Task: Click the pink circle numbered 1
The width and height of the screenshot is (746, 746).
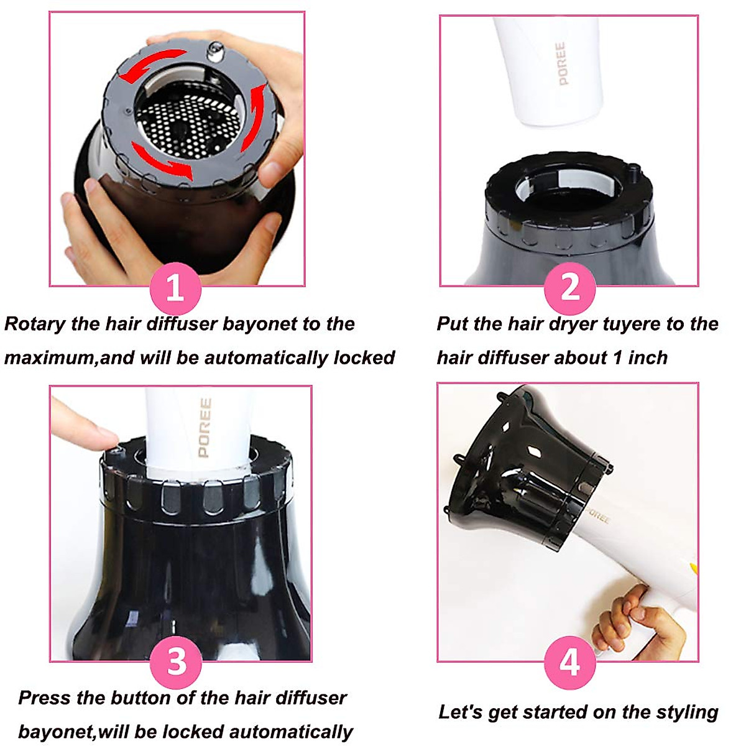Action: tap(175, 288)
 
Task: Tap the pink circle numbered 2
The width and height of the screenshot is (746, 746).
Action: tap(569, 288)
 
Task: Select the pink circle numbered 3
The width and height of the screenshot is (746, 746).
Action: tap(177, 661)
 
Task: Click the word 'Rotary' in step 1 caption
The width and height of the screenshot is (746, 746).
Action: tap(35, 324)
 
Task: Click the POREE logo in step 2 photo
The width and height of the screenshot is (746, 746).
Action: tap(561, 63)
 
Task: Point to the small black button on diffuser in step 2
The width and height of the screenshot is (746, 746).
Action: tap(633, 168)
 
